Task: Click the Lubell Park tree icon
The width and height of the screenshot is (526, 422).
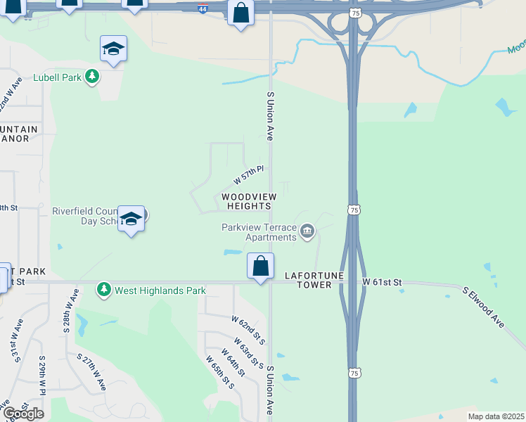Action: click(91, 76)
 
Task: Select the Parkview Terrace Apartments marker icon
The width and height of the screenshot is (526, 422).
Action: click(307, 231)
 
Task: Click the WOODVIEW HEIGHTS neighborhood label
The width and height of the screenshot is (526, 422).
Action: click(248, 201)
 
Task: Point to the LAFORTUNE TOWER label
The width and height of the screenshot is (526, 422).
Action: click(314, 281)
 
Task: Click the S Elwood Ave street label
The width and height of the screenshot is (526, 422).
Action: click(484, 307)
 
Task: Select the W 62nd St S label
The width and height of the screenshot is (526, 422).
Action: click(248, 329)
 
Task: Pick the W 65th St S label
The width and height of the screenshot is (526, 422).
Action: click(220, 372)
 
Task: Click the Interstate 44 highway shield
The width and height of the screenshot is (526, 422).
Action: click(203, 11)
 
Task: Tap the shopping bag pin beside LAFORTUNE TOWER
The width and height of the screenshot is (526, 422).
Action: click(260, 267)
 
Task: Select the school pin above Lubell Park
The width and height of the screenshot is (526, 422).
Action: click(113, 49)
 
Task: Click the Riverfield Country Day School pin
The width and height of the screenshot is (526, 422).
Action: click(131, 219)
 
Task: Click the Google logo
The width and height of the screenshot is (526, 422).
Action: click(23, 413)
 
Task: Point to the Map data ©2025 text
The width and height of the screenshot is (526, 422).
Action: click(496, 416)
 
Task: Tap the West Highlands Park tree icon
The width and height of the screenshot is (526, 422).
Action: click(104, 289)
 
